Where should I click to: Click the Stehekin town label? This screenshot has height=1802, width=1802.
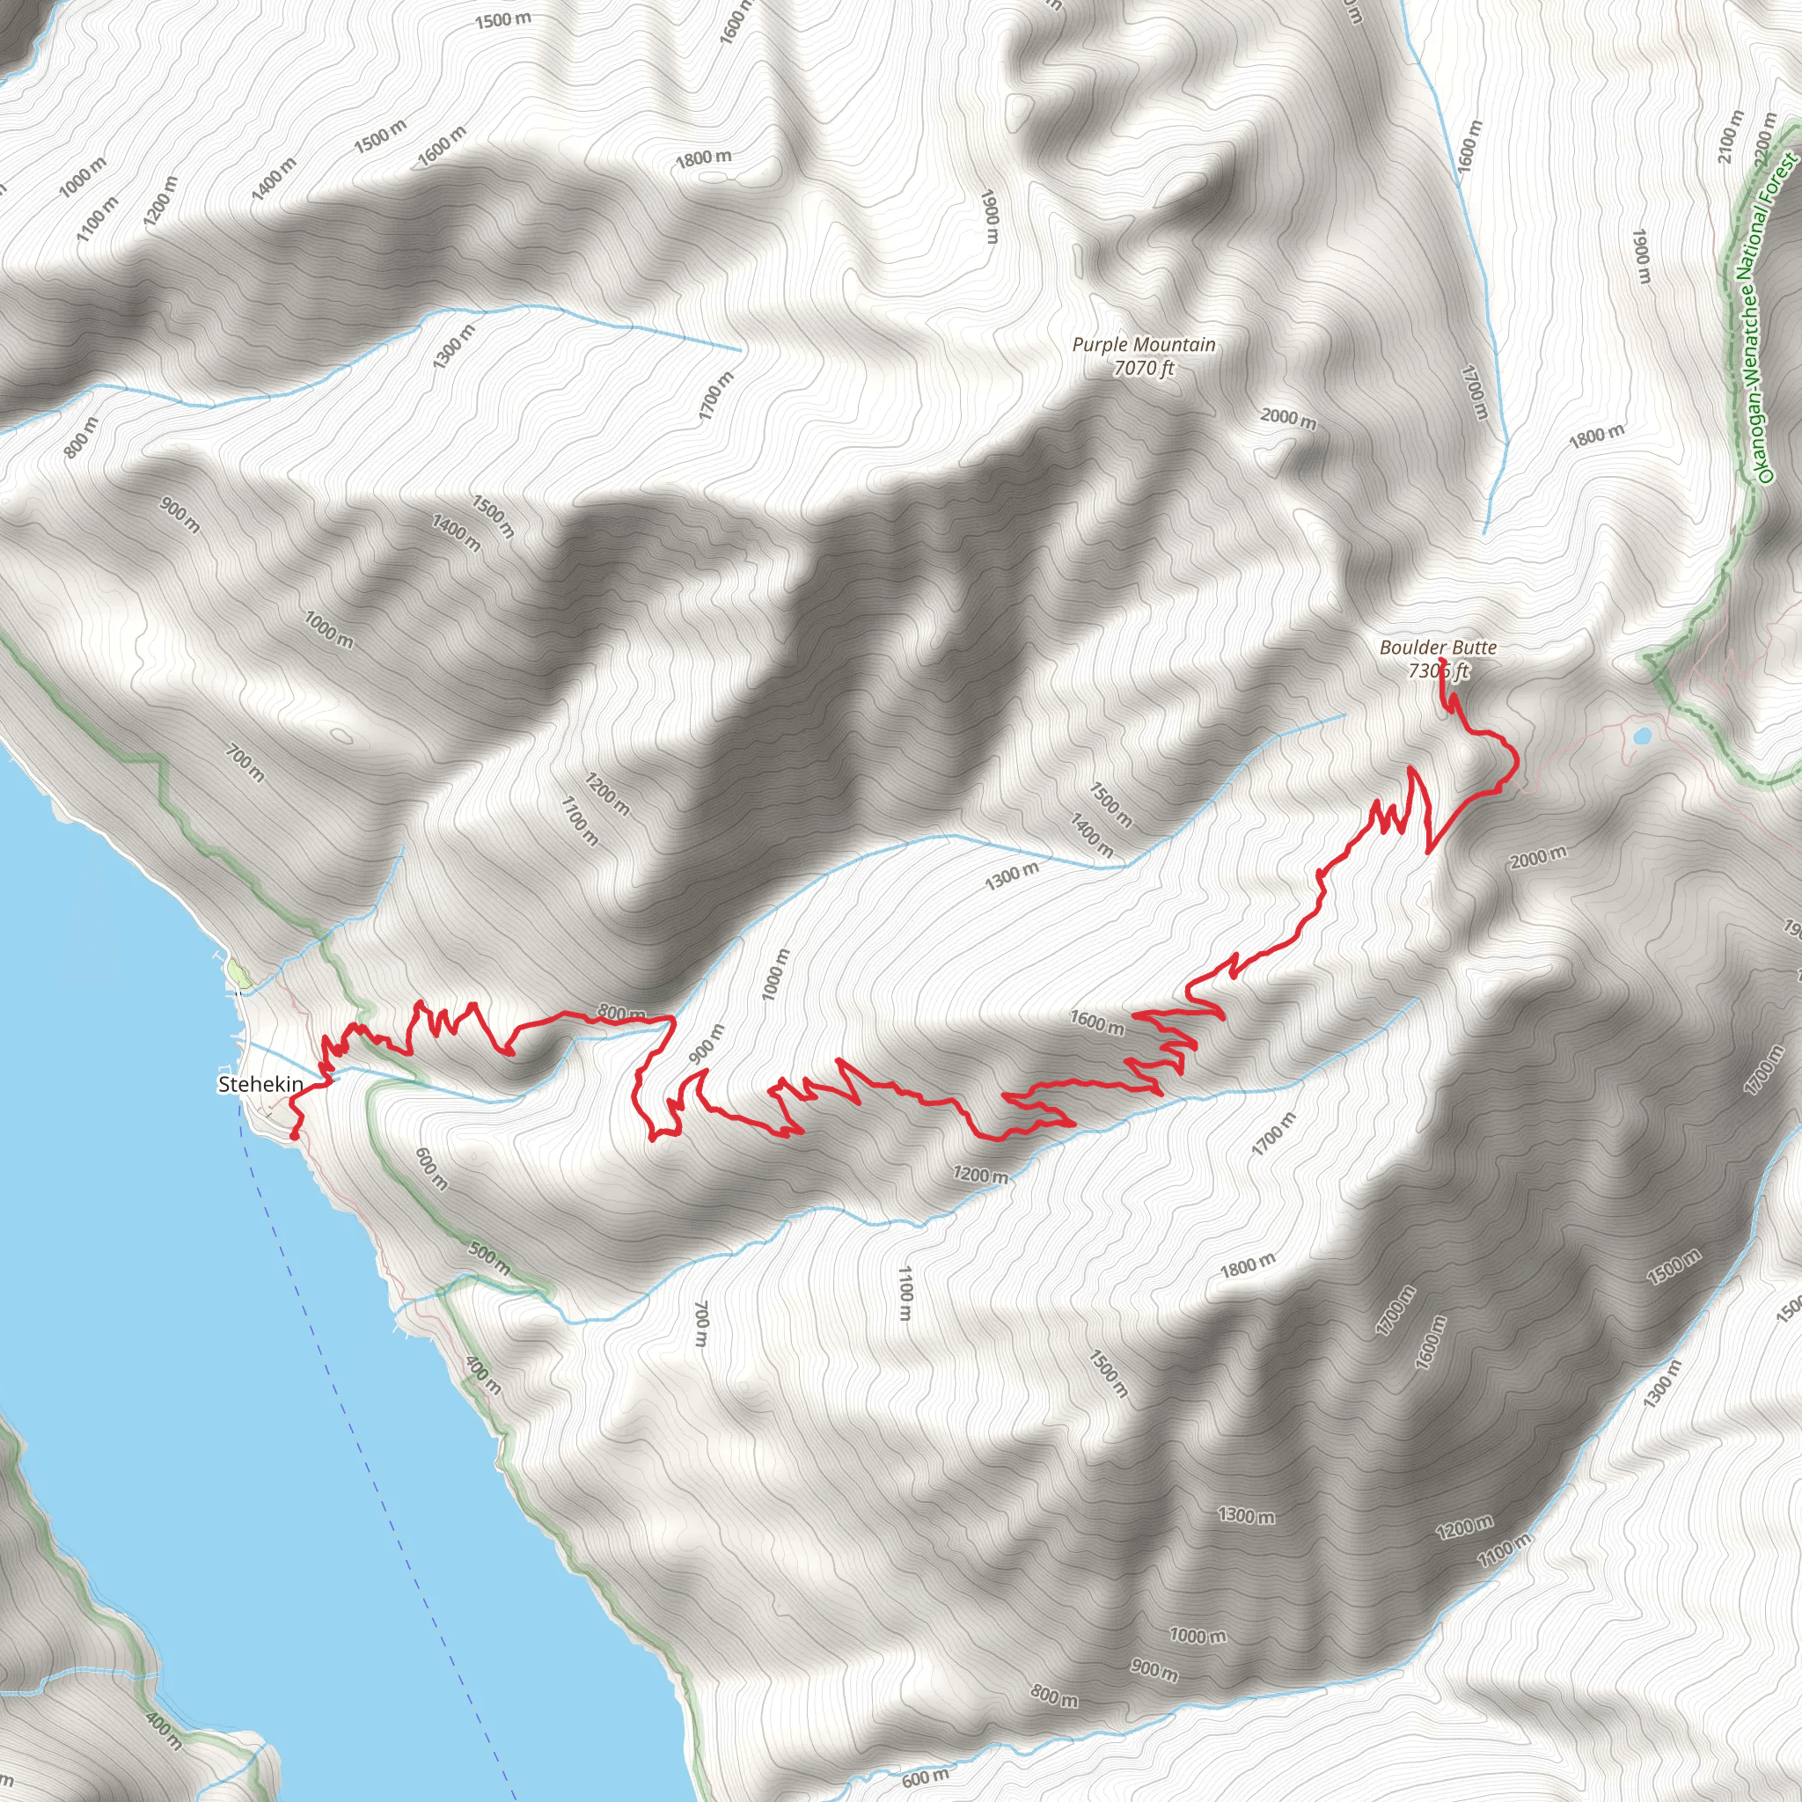260,1084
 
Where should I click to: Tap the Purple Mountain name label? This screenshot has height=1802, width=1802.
1144,345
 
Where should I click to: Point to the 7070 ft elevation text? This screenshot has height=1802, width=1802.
1144,369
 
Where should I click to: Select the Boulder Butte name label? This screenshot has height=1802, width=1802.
1438,648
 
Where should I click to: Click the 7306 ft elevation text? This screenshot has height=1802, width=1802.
1438,670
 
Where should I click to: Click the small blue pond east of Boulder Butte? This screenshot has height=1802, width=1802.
1641,736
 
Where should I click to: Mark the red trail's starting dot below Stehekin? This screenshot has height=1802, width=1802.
295,1136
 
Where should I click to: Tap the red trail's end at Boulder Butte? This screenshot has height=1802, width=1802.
1443,662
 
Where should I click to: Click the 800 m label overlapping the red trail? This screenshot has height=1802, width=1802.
621,1013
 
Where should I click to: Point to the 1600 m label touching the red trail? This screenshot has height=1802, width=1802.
1097,1023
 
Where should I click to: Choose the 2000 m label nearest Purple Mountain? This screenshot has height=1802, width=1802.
1288,419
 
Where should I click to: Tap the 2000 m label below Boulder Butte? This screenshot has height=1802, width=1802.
1538,856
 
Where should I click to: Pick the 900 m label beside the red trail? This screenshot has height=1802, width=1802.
706,1044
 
